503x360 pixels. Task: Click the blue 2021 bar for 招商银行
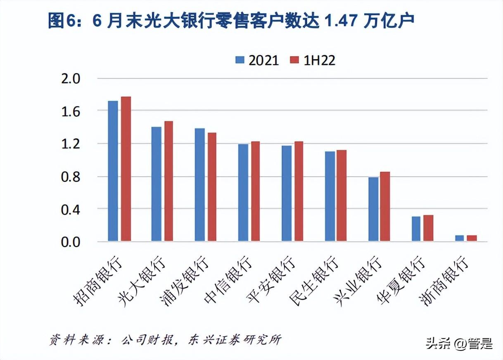point(113,171)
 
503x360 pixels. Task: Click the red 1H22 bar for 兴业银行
point(385,206)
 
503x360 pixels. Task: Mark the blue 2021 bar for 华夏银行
point(416,229)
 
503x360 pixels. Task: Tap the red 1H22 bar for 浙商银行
point(472,238)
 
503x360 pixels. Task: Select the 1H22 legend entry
point(312,60)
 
